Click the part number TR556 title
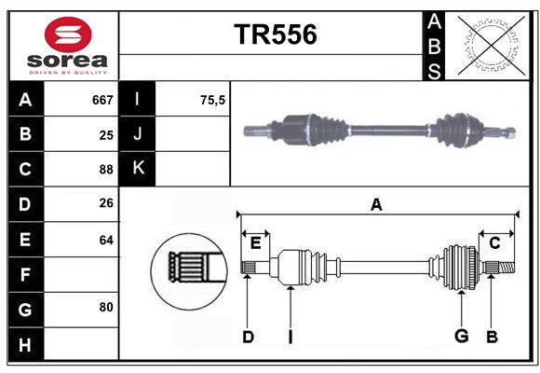click(x=275, y=35)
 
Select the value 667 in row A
click(x=101, y=100)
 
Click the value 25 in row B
click(x=105, y=134)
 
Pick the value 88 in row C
click(x=105, y=170)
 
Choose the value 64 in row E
click(x=105, y=240)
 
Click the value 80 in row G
click(x=105, y=307)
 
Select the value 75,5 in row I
click(x=213, y=100)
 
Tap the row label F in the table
click(x=26, y=274)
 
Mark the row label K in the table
click(x=139, y=170)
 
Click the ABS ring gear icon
click(x=488, y=46)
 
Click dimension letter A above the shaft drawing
click(x=376, y=205)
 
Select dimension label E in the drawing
click(x=255, y=243)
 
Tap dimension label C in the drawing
click(x=494, y=243)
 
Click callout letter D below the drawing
click(x=248, y=337)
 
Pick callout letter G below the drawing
click(x=460, y=337)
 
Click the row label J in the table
click(x=139, y=134)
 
